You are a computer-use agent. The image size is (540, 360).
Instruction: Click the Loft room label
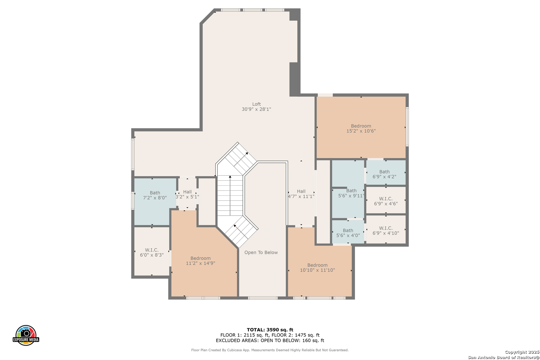257,104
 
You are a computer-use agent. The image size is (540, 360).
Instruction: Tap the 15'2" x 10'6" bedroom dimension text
361,131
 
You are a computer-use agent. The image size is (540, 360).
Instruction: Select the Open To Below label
261,252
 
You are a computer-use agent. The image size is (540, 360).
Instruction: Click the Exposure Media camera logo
26,335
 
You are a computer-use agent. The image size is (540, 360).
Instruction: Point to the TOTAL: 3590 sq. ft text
270,330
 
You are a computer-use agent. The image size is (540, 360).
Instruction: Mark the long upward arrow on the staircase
230,196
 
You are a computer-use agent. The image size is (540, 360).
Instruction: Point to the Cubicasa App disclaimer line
270,350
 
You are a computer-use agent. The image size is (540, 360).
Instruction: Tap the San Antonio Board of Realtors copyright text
504,358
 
